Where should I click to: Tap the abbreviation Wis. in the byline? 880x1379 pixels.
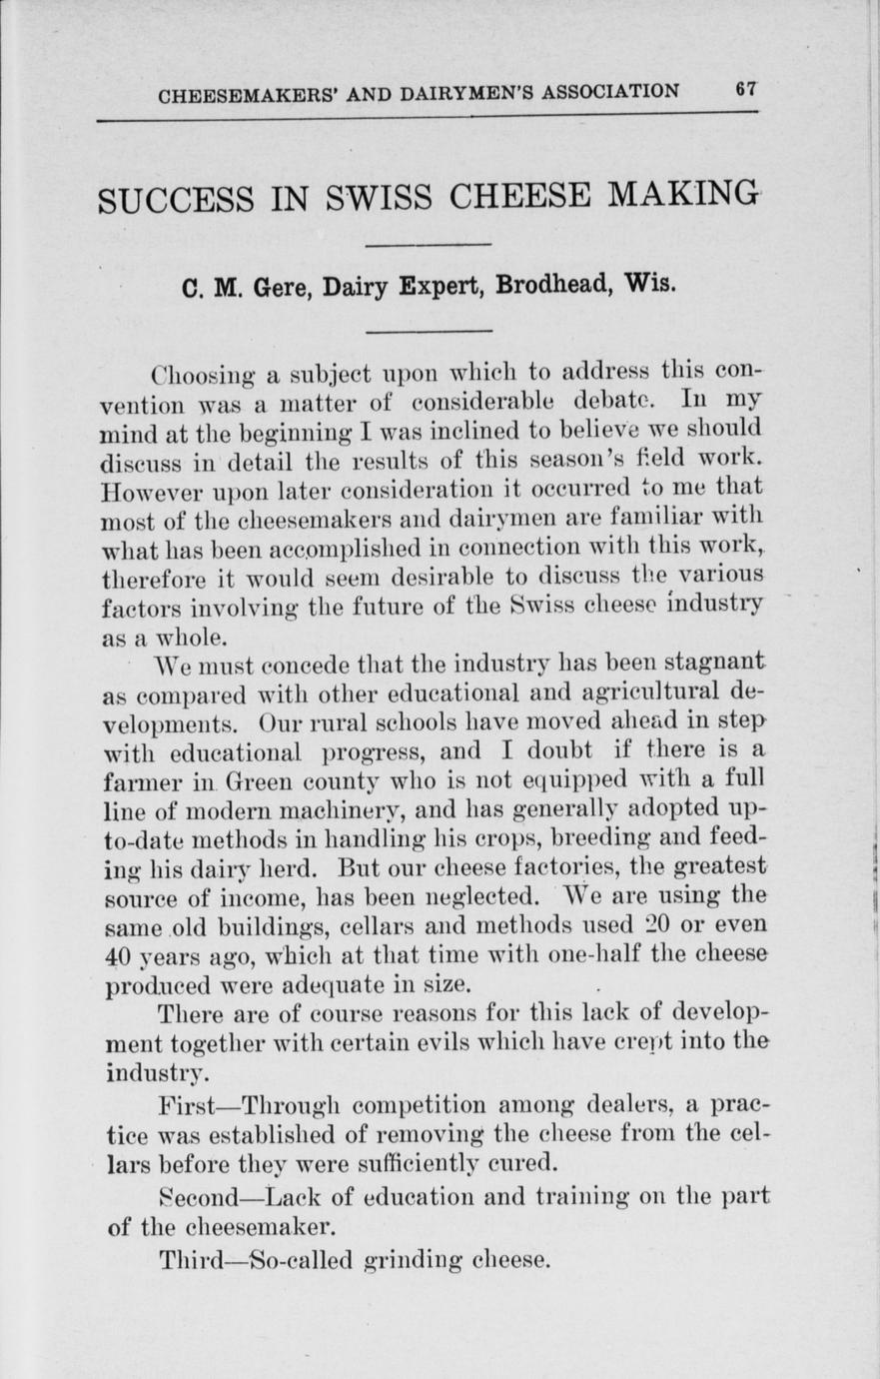(650, 285)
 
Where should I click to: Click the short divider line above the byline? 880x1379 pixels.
(429, 244)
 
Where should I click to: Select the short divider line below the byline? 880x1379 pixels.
(429, 331)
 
